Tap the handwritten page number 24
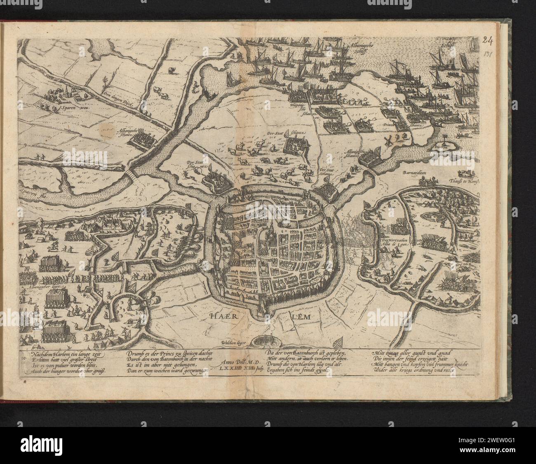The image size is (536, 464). click(x=489, y=40)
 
